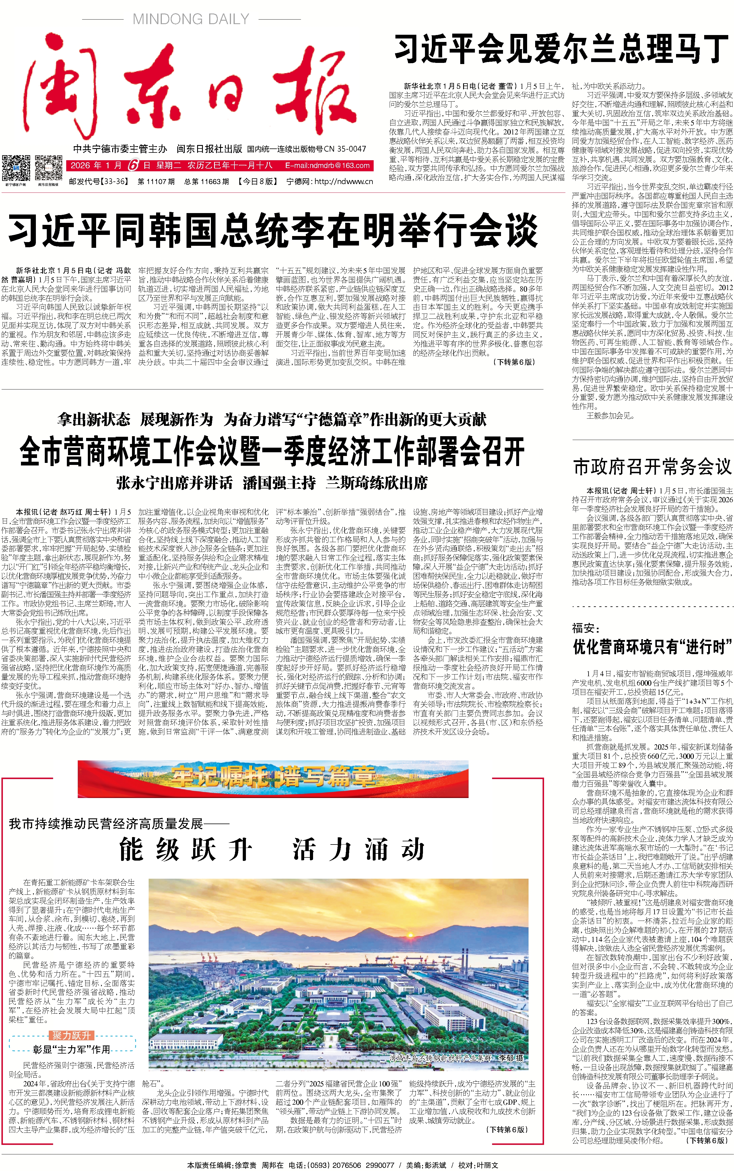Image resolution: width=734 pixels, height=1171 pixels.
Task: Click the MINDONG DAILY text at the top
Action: pyautogui.click(x=191, y=20)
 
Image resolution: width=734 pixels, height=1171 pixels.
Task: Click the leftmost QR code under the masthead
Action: pyautogui.click(x=16, y=168)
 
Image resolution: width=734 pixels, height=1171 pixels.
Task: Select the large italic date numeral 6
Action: pyautogui.click(x=133, y=165)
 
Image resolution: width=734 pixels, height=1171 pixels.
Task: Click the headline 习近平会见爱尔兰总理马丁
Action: pyautogui.click(x=561, y=49)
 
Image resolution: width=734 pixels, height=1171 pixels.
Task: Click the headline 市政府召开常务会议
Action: pyautogui.click(x=652, y=467)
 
